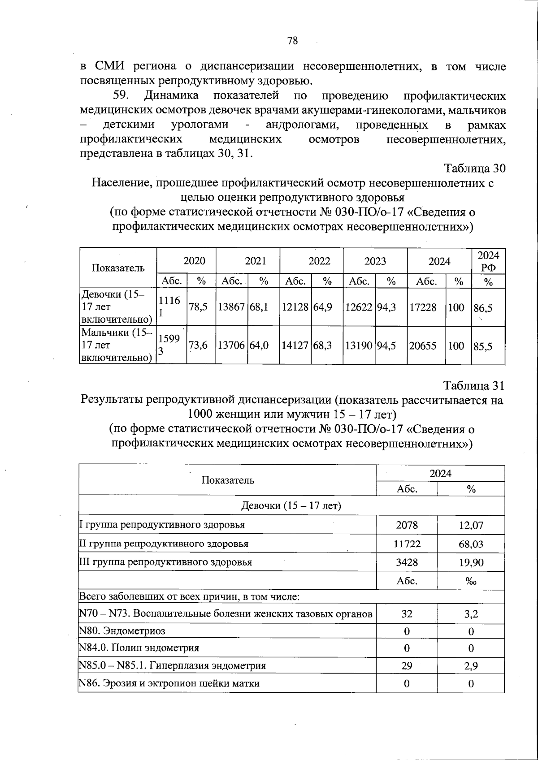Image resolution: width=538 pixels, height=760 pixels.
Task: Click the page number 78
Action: point(292,41)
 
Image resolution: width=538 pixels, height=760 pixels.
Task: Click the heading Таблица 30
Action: point(474,168)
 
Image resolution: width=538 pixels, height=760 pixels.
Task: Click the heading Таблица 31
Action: point(474,386)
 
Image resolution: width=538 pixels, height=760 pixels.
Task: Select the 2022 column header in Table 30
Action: point(319,261)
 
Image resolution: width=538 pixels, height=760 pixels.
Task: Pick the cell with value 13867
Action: point(231,307)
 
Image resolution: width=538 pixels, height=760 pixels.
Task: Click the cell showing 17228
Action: point(423,307)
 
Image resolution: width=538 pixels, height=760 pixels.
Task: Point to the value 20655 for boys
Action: point(423,346)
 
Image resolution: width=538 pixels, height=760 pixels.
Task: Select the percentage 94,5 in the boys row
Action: point(386,346)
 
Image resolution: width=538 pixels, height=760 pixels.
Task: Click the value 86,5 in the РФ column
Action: point(483,307)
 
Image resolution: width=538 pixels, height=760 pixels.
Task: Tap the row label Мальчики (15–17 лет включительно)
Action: point(117,345)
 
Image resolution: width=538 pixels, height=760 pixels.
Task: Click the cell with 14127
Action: point(295,346)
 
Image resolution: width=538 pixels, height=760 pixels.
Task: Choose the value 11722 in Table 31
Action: point(407,544)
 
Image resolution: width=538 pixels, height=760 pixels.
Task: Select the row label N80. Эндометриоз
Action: point(122,631)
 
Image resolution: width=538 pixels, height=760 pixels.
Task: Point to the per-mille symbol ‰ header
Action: point(471,582)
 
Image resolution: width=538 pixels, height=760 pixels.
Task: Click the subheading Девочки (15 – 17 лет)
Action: point(291,506)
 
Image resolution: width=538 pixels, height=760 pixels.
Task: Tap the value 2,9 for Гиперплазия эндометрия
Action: point(471,666)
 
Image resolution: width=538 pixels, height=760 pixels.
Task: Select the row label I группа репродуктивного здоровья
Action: point(162,525)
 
